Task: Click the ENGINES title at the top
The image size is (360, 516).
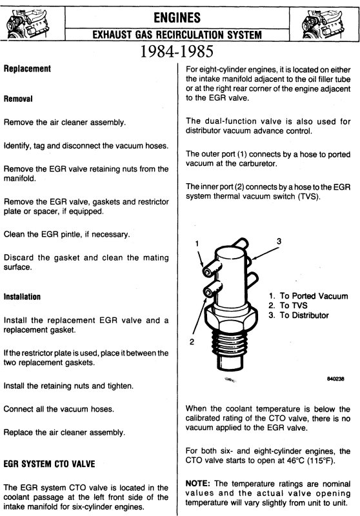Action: (x=177, y=17)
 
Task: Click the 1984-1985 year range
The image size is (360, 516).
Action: (x=177, y=52)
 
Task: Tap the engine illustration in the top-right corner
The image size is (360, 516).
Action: (x=322, y=24)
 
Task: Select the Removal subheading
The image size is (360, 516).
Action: (x=18, y=99)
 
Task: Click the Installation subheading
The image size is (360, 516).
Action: (x=22, y=297)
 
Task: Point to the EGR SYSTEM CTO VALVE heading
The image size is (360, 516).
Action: (x=50, y=464)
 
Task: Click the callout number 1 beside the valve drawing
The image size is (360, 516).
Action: (x=197, y=244)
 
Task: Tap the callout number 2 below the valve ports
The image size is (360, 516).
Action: (x=192, y=342)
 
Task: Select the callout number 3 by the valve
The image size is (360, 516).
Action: (x=279, y=241)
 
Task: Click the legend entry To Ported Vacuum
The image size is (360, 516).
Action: (x=308, y=296)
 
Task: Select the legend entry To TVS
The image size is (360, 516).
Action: (x=288, y=305)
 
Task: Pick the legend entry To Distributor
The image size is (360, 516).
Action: (x=299, y=315)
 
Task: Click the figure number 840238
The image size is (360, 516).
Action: (x=335, y=379)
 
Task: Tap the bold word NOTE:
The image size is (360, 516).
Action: (x=198, y=483)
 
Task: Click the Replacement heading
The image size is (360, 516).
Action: (x=27, y=69)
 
